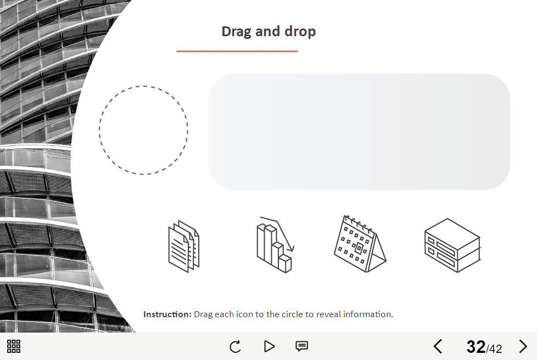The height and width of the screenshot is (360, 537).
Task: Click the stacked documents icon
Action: pyautogui.click(x=184, y=246)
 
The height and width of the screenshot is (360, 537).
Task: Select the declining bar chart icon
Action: pyautogui.click(x=276, y=245)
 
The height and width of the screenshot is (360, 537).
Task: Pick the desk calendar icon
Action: pyautogui.click(x=360, y=244)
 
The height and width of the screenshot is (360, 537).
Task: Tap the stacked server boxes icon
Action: pyautogui.click(x=452, y=245)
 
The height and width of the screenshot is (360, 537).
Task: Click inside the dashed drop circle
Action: pyautogui.click(x=143, y=130)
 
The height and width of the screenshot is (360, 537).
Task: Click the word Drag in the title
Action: pyautogui.click(x=237, y=31)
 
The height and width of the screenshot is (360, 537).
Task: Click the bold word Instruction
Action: pyautogui.click(x=167, y=314)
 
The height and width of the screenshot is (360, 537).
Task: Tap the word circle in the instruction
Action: pyautogui.click(x=292, y=314)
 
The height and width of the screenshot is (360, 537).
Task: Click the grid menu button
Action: pyautogui.click(x=14, y=346)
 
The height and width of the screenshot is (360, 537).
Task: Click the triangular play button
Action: pyautogui.click(x=270, y=346)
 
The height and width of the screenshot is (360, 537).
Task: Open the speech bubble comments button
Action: pyautogui.click(x=302, y=346)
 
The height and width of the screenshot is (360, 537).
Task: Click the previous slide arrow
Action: pyautogui.click(x=438, y=346)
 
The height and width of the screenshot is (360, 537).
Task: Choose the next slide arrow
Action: pyautogui.click(x=523, y=346)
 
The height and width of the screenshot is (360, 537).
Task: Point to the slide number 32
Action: pyautogui.click(x=476, y=347)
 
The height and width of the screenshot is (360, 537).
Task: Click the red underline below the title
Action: pyautogui.click(x=237, y=51)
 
